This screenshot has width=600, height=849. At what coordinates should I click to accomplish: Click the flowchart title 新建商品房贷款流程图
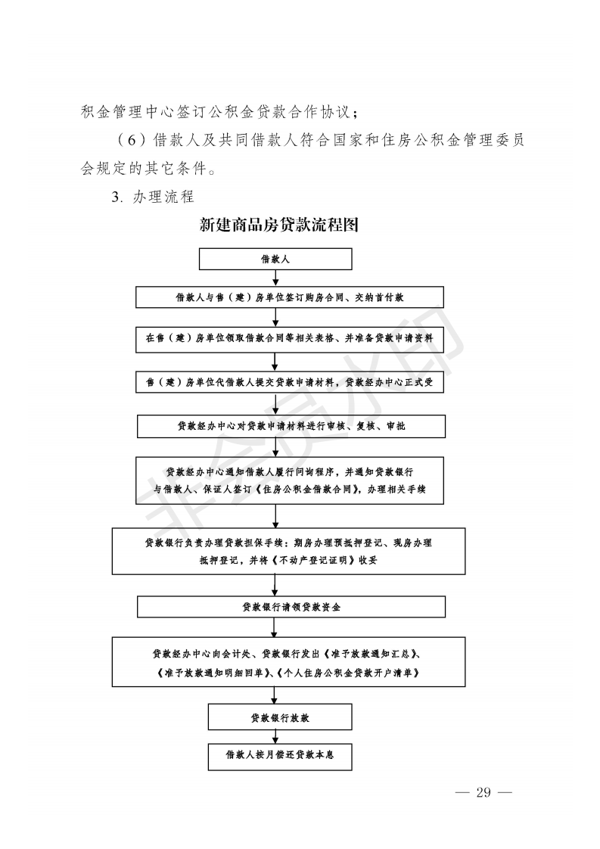coord(278,225)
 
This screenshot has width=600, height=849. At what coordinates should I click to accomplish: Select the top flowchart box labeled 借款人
coord(275,259)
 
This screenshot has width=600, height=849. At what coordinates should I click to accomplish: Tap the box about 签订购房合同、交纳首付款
coord(289,297)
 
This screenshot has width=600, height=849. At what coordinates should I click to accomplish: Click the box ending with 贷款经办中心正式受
coord(289,383)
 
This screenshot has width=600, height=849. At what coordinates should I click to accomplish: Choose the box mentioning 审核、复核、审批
coord(291,426)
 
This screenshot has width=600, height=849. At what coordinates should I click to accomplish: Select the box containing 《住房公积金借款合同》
coord(289,480)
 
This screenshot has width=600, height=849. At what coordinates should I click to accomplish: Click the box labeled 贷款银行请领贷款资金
coord(289,607)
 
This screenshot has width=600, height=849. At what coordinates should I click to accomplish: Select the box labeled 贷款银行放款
coord(280,717)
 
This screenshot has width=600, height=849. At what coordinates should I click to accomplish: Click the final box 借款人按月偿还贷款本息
coord(280,755)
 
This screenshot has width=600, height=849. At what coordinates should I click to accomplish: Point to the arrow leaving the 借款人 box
coord(275,278)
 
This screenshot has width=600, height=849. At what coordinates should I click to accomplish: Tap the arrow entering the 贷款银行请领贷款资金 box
coord(275,586)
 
